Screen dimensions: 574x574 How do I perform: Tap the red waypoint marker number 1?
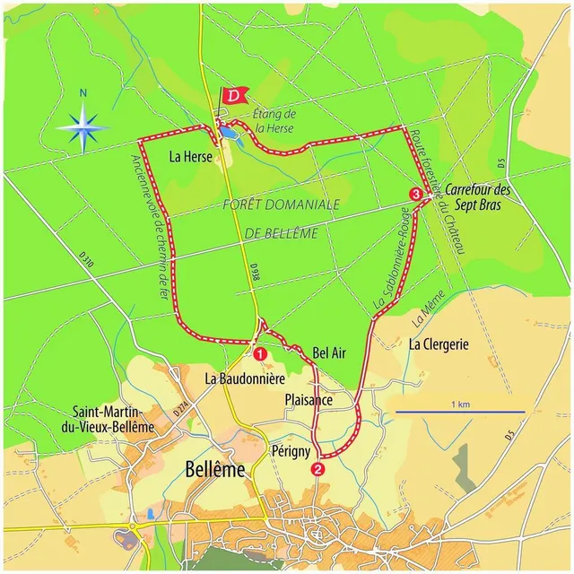260,354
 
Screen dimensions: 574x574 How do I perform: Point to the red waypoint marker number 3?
415,194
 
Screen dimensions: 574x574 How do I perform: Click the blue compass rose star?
83,126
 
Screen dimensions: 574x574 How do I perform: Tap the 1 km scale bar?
460,412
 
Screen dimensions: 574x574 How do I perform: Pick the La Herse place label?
189,156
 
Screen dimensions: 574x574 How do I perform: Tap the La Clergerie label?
439,344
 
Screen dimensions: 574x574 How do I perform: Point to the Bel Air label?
329,353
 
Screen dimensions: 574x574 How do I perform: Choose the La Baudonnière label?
245,378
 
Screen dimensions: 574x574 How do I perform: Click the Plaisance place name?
309,400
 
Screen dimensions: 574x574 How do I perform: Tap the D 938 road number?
255,274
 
